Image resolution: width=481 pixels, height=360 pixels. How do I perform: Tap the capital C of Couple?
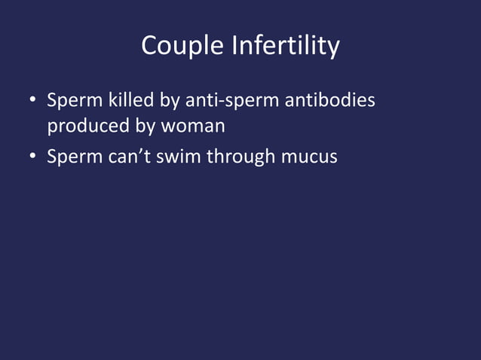coord(149,47)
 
